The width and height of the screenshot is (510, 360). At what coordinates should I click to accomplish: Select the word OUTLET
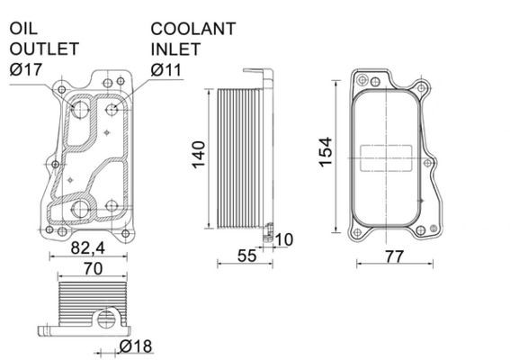click(44, 49)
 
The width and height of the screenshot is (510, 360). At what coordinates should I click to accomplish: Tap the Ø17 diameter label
click(28, 68)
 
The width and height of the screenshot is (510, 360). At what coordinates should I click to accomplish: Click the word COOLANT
click(193, 29)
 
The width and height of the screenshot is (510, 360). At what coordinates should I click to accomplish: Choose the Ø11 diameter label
click(169, 68)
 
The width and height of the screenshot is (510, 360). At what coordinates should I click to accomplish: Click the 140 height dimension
click(200, 157)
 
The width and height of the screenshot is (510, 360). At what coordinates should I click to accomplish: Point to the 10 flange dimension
click(284, 239)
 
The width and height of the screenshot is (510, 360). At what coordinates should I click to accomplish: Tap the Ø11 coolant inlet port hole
click(113, 110)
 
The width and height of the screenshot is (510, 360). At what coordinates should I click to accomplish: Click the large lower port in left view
click(82, 210)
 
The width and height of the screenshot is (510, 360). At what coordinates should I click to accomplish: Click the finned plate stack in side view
click(236, 157)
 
